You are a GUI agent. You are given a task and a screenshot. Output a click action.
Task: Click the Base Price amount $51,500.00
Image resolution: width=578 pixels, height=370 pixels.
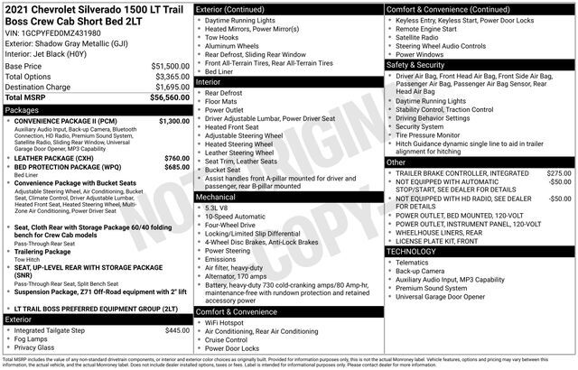(171, 67)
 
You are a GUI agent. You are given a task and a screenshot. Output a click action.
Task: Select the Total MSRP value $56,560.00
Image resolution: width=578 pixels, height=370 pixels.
(171, 97)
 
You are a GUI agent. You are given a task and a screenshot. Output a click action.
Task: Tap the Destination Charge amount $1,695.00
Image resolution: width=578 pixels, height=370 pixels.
(171, 87)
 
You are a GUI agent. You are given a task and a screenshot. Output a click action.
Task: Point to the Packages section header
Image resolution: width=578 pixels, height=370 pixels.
(22, 109)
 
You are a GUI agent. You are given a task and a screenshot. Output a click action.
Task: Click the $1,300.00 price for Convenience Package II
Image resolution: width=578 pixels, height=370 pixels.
(173, 120)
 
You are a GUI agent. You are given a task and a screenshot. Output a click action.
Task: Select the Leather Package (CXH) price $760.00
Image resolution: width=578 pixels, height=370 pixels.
(177, 158)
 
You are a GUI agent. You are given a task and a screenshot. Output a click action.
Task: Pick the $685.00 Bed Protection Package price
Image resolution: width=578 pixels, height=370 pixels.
(177, 167)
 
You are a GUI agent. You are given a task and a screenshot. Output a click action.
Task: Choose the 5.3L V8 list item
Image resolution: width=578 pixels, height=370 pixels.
(217, 207)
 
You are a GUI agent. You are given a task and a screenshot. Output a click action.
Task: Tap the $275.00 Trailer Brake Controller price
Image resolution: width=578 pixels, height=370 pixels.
(559, 172)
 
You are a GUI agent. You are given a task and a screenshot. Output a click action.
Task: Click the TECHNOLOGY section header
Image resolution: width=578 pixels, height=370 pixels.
(412, 251)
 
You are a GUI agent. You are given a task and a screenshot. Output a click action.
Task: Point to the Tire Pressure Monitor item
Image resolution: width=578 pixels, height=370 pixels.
(432, 135)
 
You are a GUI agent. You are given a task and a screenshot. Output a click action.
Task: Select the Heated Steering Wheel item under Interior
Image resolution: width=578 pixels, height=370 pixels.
(239, 144)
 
